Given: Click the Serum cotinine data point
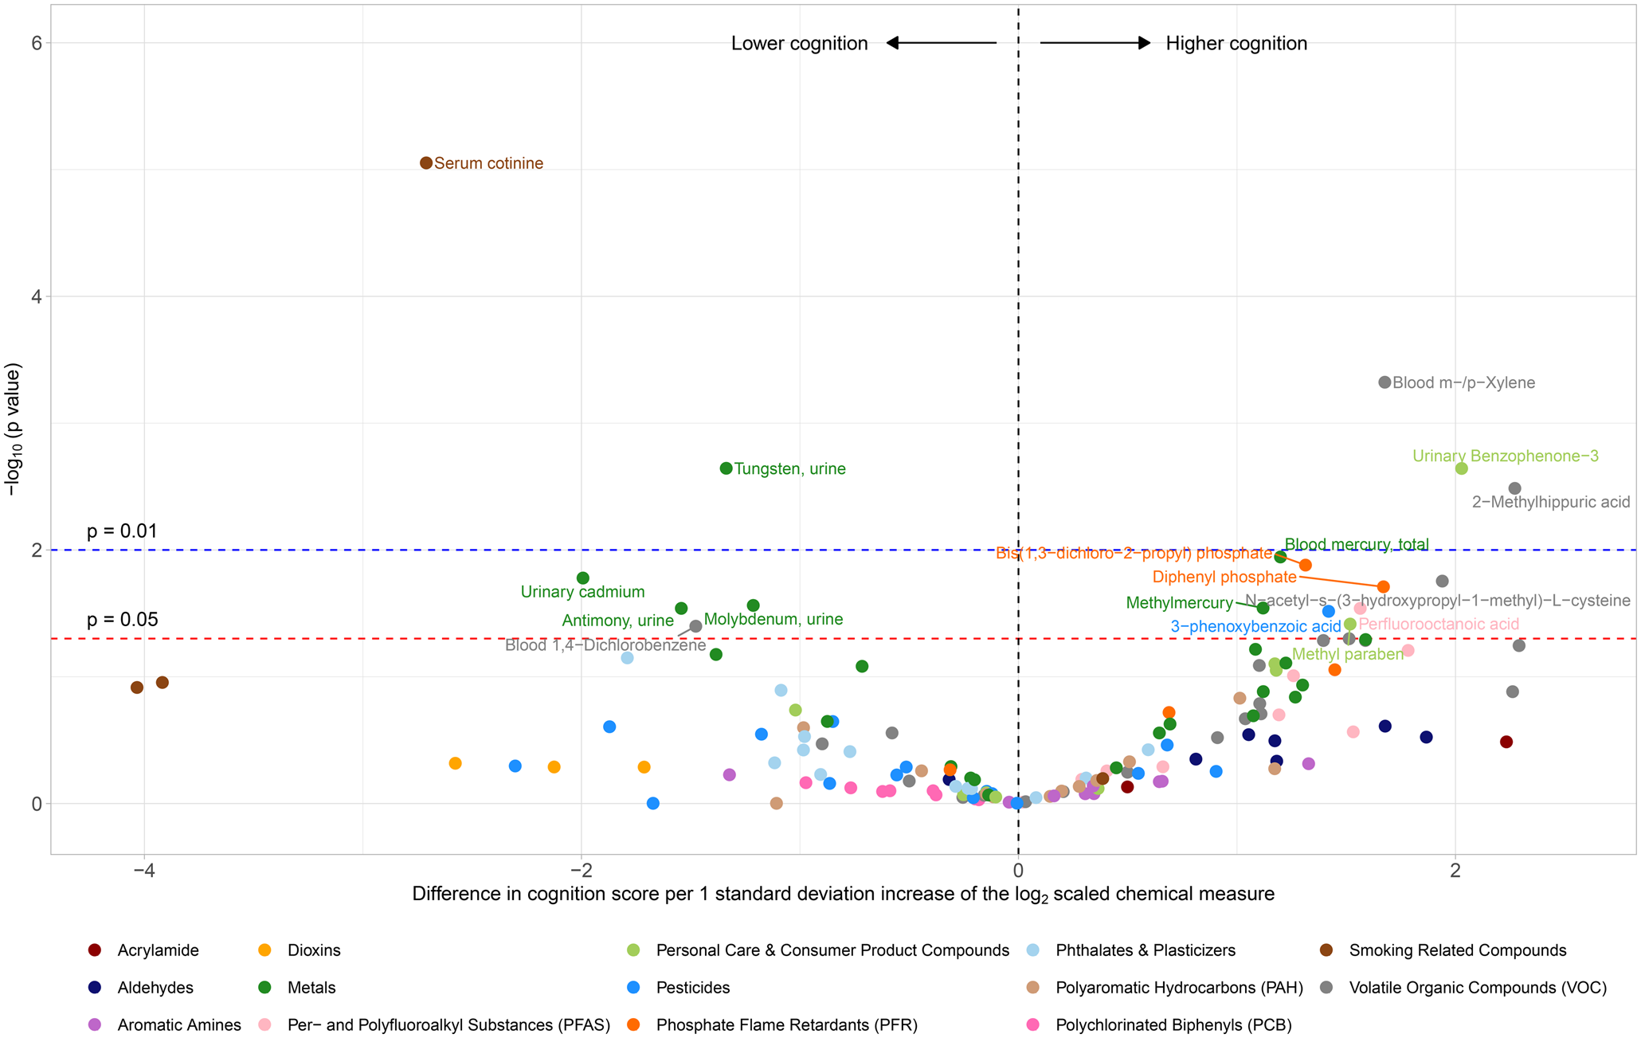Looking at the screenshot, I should pos(426,163).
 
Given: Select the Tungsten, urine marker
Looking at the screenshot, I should pos(726,468).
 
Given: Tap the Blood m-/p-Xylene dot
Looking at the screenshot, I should pos(1384,382).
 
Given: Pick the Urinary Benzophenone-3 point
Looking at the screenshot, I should pos(1461,468).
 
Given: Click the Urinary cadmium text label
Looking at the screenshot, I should pos(582,592).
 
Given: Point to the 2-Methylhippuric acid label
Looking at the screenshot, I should pos(1550,503).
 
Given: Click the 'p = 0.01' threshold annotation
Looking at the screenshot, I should pos(122,531).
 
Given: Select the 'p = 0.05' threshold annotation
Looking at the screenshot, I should pos(122,620).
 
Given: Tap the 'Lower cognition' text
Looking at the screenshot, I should pos(799,44).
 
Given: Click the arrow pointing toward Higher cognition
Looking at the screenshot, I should pos(1095,43).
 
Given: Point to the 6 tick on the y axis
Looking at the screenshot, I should pos(37,43).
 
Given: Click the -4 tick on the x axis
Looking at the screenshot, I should pos(143,869).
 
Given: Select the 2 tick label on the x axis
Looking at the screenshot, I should pos(1455,869).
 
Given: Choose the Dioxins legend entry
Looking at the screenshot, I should pos(314,950).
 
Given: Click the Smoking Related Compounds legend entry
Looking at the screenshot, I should pos(1457,950).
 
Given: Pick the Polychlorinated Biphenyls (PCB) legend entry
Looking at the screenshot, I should pos(1173,1025).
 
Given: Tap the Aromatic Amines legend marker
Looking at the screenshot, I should pos(95,1025).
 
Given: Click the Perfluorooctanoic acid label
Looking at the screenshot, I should pos(1439,625).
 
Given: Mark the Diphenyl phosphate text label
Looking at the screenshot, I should pos(1224,577).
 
